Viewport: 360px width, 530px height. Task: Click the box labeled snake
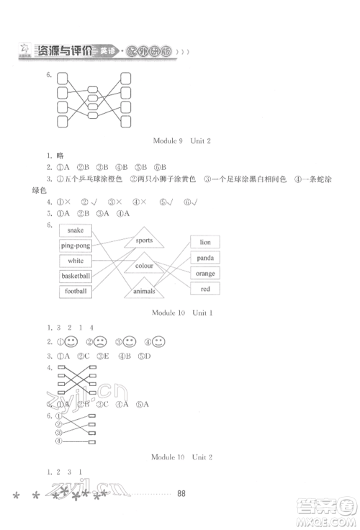[x=76, y=230]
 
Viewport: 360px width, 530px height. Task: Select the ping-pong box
[x=76, y=246]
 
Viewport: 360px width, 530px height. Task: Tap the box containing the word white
[x=76, y=261]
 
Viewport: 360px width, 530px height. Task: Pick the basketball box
[x=76, y=276]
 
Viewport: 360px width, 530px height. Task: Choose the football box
[x=76, y=291]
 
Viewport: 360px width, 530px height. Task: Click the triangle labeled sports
[x=143, y=241]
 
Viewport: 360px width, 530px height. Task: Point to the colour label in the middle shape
[x=143, y=266]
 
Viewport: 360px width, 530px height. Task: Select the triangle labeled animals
[x=143, y=291]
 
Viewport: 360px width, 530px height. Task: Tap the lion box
[x=205, y=243]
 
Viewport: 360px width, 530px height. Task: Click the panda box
[x=205, y=258]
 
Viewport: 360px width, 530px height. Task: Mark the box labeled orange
[x=205, y=273]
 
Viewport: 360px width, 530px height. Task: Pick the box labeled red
[x=205, y=288]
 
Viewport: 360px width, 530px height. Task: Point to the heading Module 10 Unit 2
[x=179, y=457]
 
